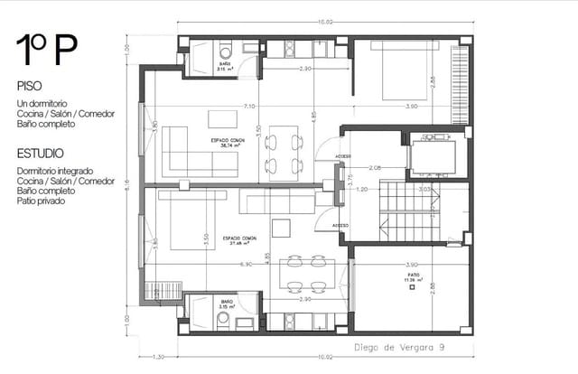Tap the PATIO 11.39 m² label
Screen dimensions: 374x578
(x=414, y=278)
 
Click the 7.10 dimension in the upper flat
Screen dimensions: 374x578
(x=248, y=107)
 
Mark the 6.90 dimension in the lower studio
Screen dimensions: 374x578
(x=246, y=264)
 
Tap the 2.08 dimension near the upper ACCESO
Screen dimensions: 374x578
(x=375, y=168)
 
